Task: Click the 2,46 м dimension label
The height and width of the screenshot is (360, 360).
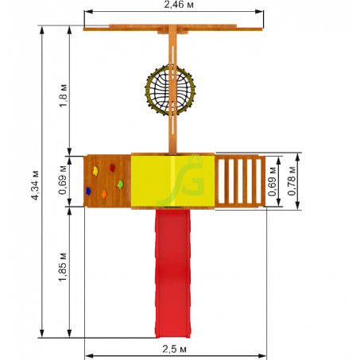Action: [x=178, y=5]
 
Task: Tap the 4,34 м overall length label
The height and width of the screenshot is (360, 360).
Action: [x=35, y=185]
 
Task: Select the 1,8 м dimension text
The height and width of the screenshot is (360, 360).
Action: [x=64, y=95]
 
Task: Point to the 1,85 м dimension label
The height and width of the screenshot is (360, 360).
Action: [x=63, y=267]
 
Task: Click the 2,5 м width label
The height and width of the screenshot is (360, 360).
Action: [x=174, y=350]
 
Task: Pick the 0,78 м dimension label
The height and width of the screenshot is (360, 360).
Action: [x=292, y=181]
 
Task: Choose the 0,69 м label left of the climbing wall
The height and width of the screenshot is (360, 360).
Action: [x=63, y=180]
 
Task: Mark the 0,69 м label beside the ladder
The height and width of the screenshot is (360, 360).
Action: [x=272, y=181]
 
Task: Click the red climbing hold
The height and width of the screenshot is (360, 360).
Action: [x=112, y=168]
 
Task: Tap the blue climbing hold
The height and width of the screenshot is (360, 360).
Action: [x=88, y=191]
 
